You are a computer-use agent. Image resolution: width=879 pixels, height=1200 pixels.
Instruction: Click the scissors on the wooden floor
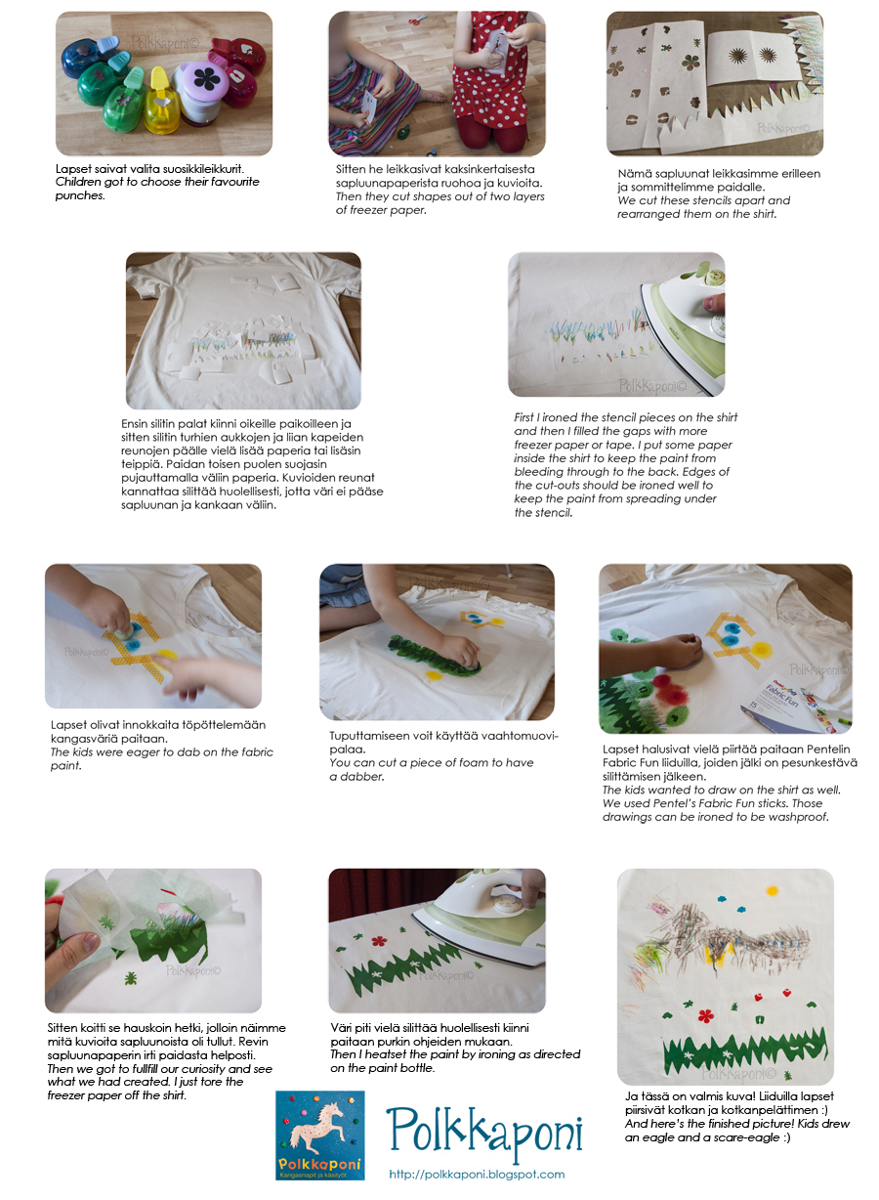(416, 21)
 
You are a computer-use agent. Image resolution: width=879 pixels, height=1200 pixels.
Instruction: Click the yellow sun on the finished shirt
(772, 891)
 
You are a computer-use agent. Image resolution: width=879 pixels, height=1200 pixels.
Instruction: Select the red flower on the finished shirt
(706, 1015)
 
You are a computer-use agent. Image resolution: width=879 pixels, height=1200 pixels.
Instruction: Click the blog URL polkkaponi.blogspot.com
(477, 1175)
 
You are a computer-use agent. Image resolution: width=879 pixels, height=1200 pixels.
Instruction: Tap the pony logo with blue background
(319, 1136)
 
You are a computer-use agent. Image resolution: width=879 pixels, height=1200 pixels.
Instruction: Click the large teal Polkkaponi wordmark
(483, 1131)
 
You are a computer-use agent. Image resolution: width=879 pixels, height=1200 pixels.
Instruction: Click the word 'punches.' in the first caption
(80, 195)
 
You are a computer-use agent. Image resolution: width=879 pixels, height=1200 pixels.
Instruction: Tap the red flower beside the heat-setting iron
(379, 941)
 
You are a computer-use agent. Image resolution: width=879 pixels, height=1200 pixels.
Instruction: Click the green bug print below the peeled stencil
(130, 979)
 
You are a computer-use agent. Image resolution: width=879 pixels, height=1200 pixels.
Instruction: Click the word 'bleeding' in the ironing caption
(536, 471)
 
